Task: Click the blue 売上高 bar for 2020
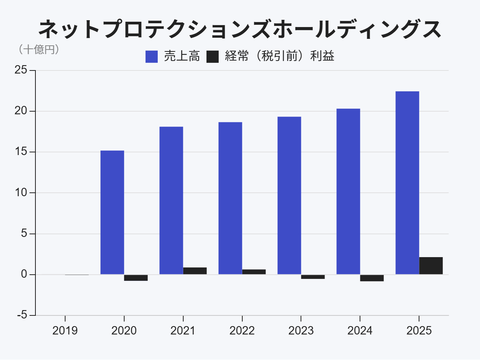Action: click(x=112, y=212)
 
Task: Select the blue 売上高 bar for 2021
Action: click(x=171, y=200)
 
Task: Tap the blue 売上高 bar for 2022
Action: click(x=230, y=198)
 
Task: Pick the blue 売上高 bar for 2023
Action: click(x=289, y=195)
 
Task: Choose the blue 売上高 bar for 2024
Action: click(x=348, y=191)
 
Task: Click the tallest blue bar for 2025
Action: click(x=407, y=183)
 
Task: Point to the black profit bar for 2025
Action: click(x=431, y=266)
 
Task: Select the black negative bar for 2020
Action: click(x=136, y=278)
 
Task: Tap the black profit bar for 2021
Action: click(x=195, y=271)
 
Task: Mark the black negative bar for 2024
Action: click(x=372, y=278)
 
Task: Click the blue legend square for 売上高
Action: click(x=152, y=57)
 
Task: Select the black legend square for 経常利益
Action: click(x=213, y=57)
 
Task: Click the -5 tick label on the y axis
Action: click(x=22, y=315)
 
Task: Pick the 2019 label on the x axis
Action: click(x=65, y=330)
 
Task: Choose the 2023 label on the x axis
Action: click(x=301, y=330)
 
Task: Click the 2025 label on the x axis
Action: click(x=419, y=330)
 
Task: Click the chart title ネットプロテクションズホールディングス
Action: click(x=240, y=29)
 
